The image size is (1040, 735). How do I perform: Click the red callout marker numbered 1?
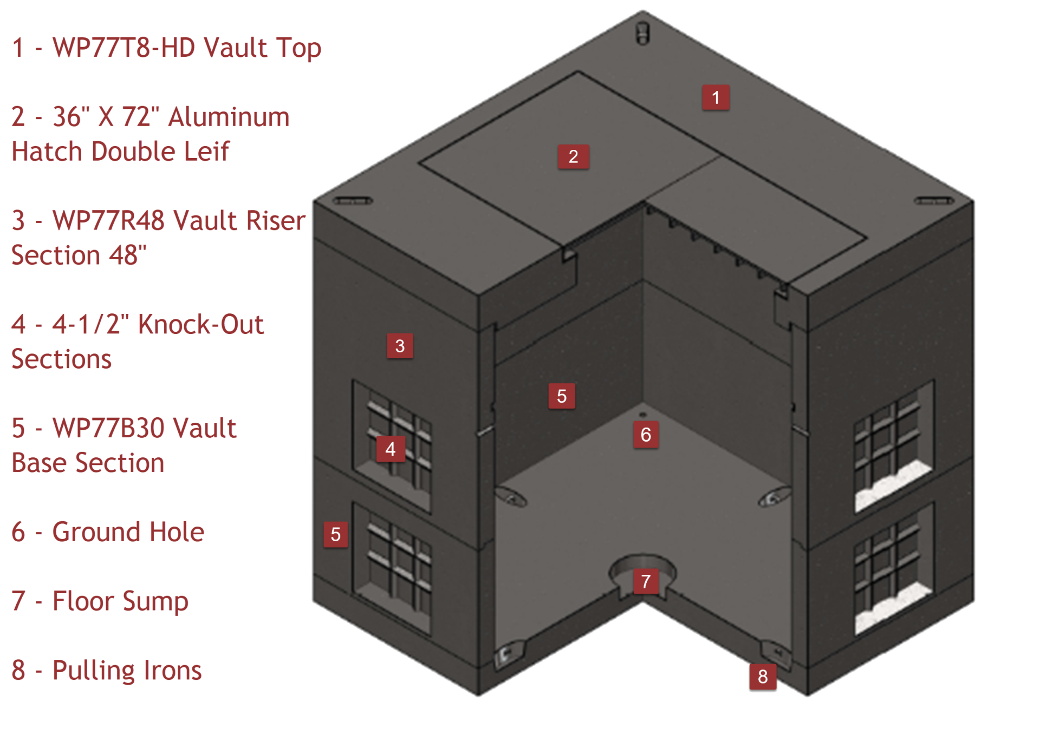[716, 97]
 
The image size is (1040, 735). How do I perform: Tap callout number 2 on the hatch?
[573, 156]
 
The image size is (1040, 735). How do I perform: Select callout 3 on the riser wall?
[400, 346]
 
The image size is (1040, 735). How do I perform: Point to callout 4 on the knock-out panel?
[391, 449]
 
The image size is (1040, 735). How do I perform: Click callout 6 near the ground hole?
[646, 435]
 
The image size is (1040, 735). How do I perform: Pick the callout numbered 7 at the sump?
[646, 581]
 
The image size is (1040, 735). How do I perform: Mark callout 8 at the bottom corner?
[763, 677]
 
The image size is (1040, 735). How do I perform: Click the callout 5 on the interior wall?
[561, 396]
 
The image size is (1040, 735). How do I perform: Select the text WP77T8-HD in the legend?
[123, 48]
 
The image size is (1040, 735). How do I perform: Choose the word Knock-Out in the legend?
[201, 325]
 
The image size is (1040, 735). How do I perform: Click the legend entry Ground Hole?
[128, 532]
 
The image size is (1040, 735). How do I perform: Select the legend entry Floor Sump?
[120, 601]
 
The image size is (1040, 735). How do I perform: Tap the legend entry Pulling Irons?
[127, 671]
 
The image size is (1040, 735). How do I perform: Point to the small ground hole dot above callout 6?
[643, 415]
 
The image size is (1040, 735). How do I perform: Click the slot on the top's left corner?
[353, 201]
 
